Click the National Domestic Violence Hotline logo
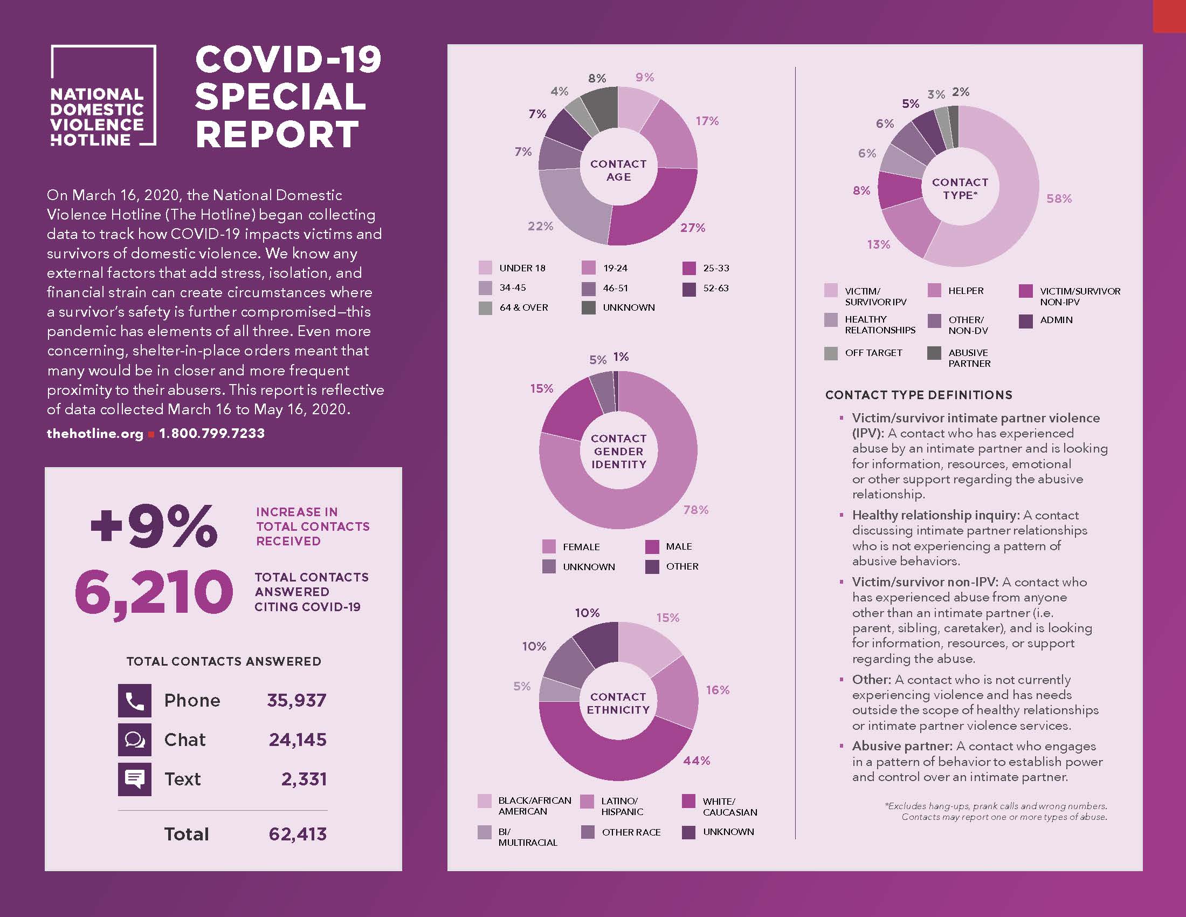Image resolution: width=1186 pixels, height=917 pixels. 102,95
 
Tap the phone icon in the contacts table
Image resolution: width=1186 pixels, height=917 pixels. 134,701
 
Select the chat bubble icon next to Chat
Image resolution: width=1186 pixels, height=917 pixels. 134,740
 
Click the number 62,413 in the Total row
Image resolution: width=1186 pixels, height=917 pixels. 298,834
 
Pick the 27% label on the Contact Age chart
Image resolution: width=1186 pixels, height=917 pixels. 692,228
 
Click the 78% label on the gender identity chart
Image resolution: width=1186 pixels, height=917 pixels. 695,510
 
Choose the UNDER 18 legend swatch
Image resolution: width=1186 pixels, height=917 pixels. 485,268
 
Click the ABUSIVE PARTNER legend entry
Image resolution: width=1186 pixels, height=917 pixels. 968,358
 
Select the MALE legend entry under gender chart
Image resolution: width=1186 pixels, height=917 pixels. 678,546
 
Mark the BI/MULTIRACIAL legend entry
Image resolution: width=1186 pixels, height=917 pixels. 527,837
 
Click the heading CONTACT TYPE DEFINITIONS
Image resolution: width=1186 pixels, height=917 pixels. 918,395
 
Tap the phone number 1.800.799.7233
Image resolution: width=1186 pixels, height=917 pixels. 212,434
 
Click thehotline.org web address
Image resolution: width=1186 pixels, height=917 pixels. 95,434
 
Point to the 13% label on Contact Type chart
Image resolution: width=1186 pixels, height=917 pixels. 878,244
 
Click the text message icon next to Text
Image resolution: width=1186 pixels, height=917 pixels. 134,779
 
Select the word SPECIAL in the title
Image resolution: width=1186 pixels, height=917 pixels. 280,97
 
